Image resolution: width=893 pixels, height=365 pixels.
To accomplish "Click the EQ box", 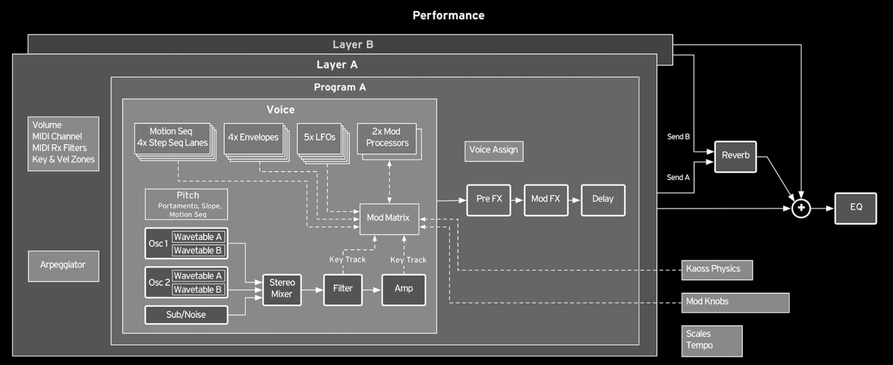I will [x=855, y=208].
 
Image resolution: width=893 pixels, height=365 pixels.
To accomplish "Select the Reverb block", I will [x=735, y=157].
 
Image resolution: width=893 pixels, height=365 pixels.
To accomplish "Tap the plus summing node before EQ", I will [x=801, y=208].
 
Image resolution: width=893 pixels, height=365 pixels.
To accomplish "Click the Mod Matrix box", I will [x=389, y=218].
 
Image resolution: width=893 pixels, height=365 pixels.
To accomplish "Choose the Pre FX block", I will [x=488, y=200].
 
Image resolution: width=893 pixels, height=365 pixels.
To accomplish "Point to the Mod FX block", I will [x=546, y=200].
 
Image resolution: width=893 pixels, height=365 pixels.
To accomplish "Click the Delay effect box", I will [x=603, y=200].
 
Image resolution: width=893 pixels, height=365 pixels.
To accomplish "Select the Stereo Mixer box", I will [x=282, y=289].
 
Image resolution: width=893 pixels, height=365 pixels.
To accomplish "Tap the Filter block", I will [x=343, y=289].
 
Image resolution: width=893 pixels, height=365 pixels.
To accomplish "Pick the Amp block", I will [x=404, y=289].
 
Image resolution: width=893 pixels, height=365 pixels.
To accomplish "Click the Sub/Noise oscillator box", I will [x=186, y=315].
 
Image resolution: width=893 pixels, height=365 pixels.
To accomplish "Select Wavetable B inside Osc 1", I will [x=198, y=250].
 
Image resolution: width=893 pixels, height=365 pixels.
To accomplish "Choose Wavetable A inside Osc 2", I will [x=198, y=276].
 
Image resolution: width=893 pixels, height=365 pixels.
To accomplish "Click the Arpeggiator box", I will [x=63, y=266].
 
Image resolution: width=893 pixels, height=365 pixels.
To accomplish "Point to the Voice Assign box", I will [x=494, y=151].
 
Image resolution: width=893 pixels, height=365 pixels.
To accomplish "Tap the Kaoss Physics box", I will [x=717, y=270].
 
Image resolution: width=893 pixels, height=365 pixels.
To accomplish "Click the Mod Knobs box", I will [x=735, y=302].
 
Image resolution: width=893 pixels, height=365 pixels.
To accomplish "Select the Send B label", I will [x=678, y=137].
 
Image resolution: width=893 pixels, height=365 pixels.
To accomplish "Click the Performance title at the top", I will [x=448, y=16].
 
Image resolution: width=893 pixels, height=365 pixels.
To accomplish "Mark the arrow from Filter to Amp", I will [x=372, y=290].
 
